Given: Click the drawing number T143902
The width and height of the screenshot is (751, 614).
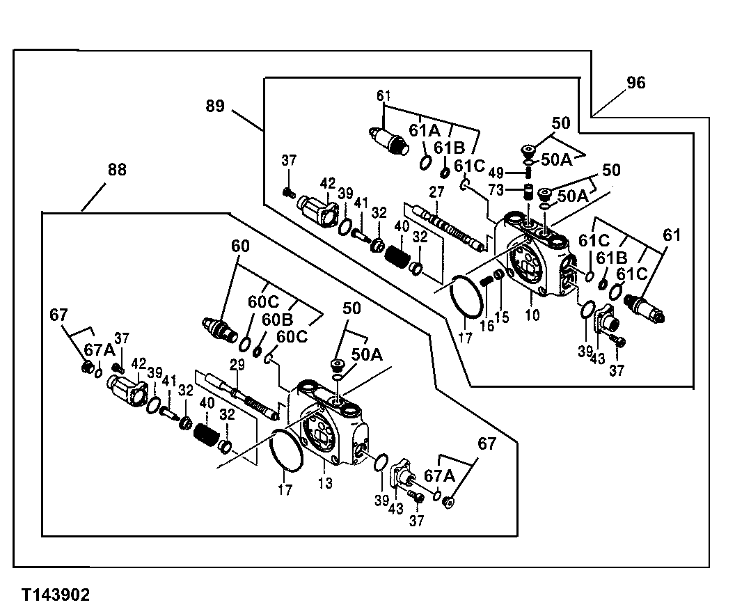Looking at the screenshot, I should click(55, 595).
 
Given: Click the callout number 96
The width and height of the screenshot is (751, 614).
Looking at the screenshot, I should click(635, 84).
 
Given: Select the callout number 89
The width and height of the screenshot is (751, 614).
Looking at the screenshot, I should click(215, 106).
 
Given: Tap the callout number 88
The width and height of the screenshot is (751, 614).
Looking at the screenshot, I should click(117, 170).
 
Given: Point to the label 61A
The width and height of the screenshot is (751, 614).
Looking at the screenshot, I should click(424, 131).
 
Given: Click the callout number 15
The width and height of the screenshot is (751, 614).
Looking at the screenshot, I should click(502, 317).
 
